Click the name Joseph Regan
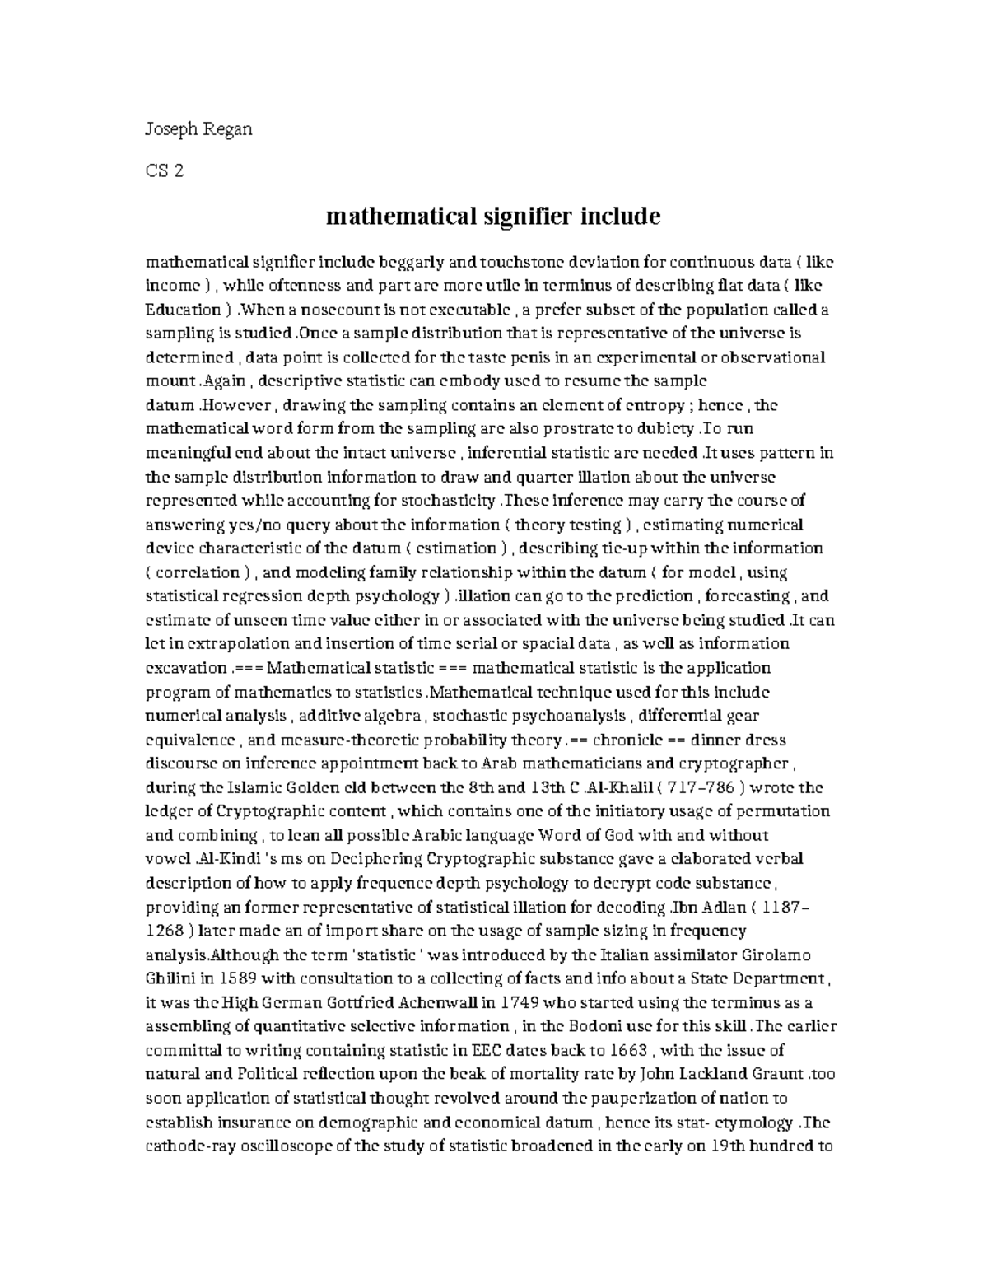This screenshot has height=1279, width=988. click(x=198, y=129)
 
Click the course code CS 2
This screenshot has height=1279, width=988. click(x=164, y=171)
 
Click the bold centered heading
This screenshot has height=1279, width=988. click(x=493, y=217)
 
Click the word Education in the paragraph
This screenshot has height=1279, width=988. click(x=183, y=310)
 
